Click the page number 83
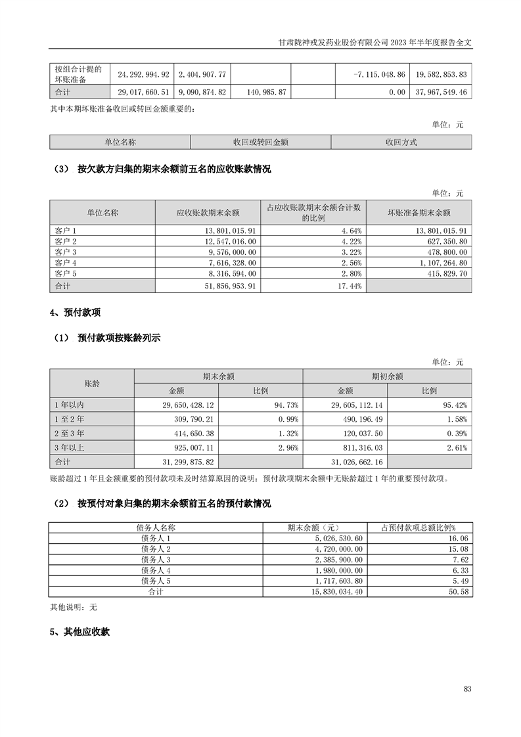pos(467,688)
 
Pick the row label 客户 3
pos(66,252)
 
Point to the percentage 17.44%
pos(348,286)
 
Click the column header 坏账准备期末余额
pos(419,213)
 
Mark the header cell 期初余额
pos(387,376)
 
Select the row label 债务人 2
pos(156,548)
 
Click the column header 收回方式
pos(401,142)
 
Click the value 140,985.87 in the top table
pos(260,93)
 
